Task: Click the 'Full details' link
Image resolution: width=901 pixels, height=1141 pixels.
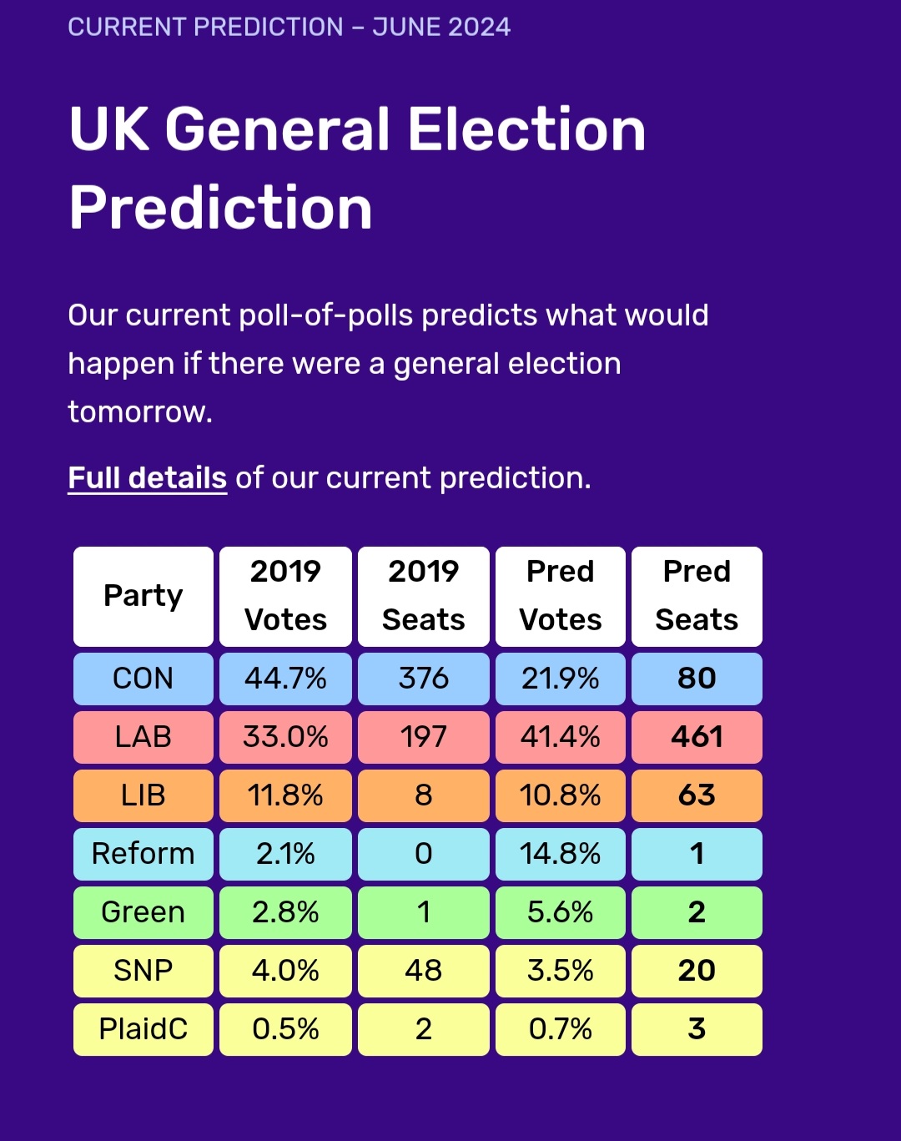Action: click(148, 478)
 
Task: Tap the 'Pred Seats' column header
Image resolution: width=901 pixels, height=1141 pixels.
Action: click(697, 597)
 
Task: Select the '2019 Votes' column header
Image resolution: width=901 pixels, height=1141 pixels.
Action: click(285, 597)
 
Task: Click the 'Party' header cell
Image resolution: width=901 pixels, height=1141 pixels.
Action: click(143, 597)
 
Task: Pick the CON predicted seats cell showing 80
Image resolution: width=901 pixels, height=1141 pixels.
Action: click(697, 679)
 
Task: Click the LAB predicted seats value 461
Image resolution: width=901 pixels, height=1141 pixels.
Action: click(697, 737)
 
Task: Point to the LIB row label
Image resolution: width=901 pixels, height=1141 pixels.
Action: click(143, 795)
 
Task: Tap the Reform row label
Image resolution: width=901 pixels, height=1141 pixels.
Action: click(143, 854)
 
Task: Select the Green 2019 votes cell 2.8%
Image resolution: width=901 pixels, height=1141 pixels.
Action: click(285, 912)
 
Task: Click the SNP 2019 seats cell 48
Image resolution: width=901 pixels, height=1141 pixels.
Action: click(424, 971)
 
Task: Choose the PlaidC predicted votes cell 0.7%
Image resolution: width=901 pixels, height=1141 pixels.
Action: click(561, 1029)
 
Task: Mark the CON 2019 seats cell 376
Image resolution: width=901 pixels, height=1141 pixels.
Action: click(424, 679)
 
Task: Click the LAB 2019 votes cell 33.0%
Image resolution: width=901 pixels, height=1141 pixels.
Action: click(285, 737)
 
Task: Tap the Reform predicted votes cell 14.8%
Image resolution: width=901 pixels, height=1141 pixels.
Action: click(561, 854)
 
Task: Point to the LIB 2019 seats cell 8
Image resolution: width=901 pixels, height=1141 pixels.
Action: click(424, 795)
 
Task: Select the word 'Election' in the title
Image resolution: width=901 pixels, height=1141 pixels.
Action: click(526, 129)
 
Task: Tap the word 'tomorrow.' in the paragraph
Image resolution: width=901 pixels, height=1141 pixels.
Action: click(140, 411)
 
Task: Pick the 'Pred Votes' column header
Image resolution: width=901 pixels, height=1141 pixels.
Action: click(561, 597)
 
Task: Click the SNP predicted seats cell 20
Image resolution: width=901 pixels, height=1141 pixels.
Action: click(697, 971)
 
